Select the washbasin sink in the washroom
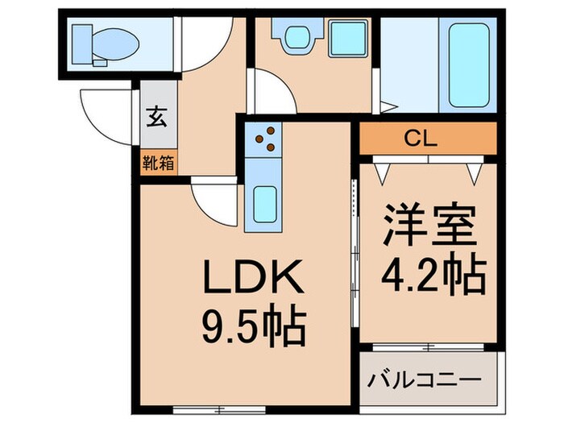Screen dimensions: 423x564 click(x=297, y=35)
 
